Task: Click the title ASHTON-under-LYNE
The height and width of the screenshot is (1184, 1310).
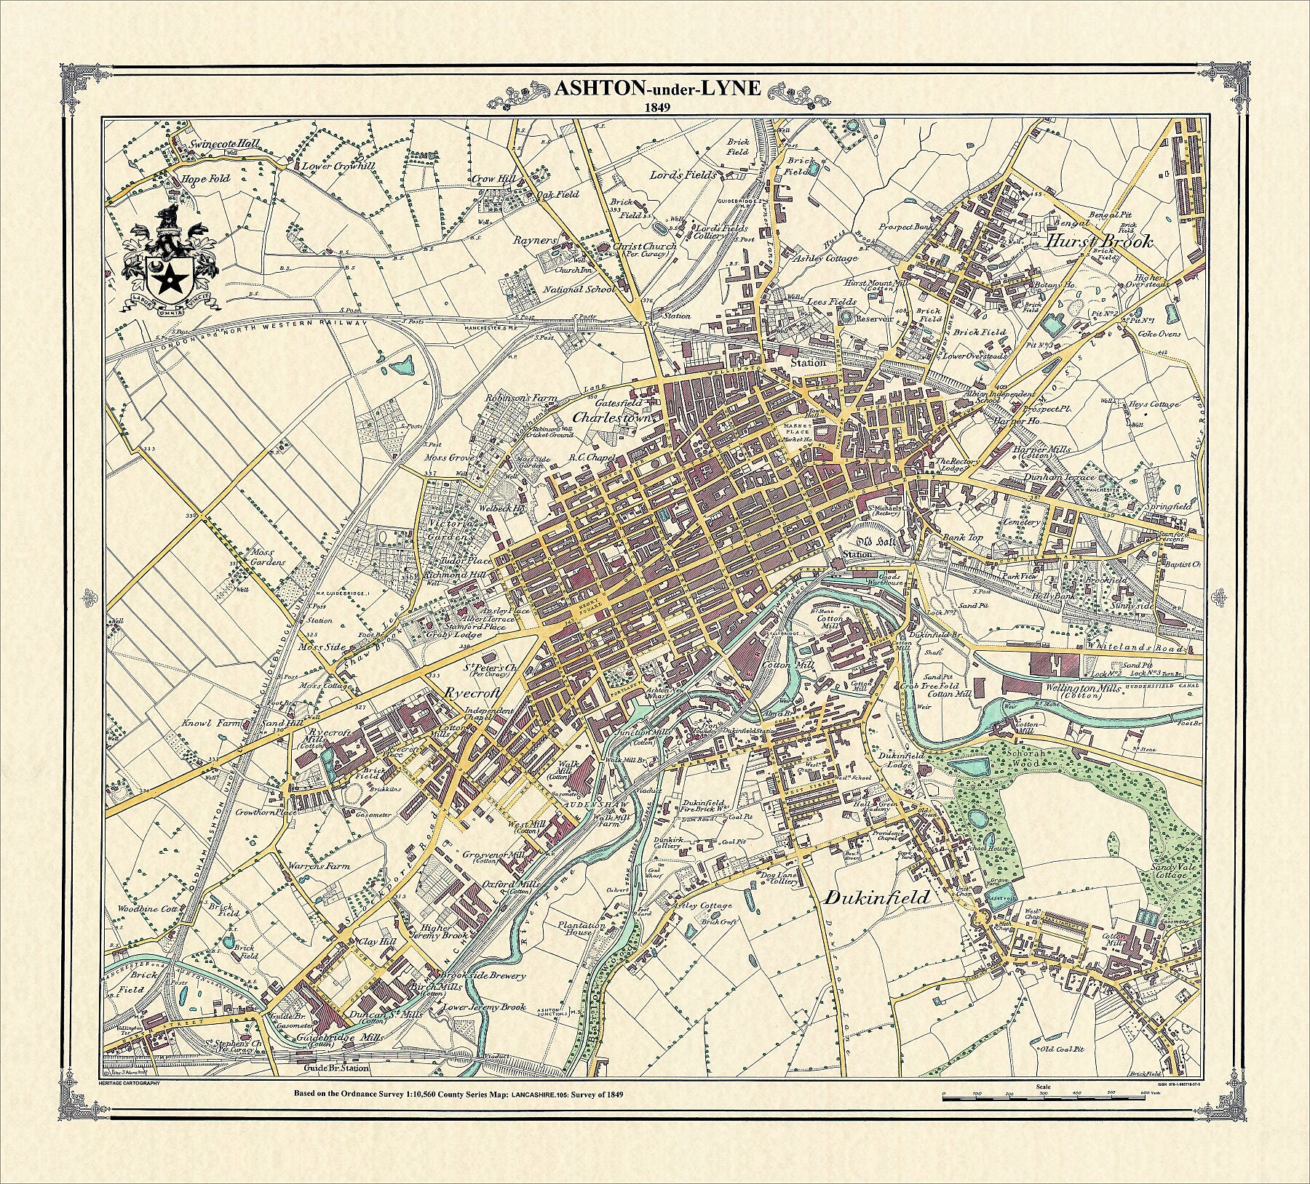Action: click(657, 89)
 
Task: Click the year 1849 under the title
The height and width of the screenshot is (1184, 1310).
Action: click(657, 107)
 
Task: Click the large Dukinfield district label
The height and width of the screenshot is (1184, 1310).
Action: click(877, 897)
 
